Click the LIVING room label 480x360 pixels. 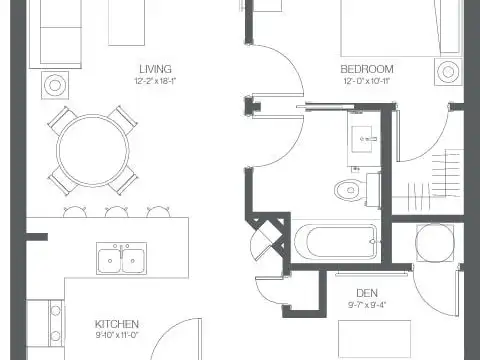tap(155, 69)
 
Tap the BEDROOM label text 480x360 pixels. tap(367, 69)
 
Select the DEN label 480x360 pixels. tap(367, 293)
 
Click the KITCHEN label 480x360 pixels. tap(117, 324)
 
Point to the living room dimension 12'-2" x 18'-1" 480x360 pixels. tap(155, 81)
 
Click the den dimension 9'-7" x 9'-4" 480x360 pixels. tap(367, 305)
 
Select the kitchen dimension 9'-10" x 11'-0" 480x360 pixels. tap(117, 335)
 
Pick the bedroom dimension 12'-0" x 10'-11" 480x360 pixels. tap(367, 81)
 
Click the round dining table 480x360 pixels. tap(93, 151)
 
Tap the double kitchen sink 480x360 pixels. tap(121, 259)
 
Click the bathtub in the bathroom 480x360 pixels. tap(336, 241)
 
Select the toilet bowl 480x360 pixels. tap(347, 190)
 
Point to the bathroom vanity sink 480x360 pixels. tap(362, 139)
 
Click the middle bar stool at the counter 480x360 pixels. tap(116, 212)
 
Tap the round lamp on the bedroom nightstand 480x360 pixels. tap(448, 72)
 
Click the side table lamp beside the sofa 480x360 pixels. tap(55, 85)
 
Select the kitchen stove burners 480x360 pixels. tap(56, 323)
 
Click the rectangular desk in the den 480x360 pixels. tap(374, 339)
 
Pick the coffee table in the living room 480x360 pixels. tap(126, 23)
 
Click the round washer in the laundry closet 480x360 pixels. tap(435, 243)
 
